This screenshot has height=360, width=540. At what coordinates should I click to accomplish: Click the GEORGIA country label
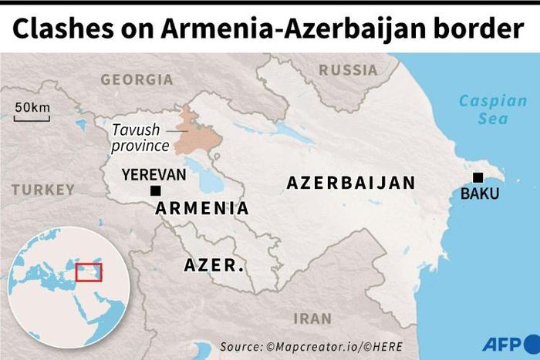pos(137,79)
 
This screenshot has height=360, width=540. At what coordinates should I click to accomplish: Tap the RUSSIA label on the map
pos(348,70)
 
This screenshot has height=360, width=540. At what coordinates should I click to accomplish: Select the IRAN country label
pos(312,318)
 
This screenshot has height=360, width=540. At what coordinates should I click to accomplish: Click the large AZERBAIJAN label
pos(351,183)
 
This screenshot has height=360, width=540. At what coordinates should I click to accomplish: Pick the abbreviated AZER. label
pos(214,265)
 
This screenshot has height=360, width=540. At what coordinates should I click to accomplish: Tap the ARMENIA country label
pos(202,208)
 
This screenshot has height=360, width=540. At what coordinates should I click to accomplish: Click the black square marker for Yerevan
pos(156,190)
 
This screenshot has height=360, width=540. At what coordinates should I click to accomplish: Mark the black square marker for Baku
pos(478,177)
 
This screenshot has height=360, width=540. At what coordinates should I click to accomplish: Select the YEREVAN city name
pos(154,175)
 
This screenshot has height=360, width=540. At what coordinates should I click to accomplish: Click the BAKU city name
pos(480,193)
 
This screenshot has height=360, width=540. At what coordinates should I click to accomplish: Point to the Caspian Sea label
pos(483,109)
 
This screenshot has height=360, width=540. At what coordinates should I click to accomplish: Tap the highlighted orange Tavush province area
pos(197,135)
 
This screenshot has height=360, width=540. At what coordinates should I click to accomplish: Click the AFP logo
pos(505,344)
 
